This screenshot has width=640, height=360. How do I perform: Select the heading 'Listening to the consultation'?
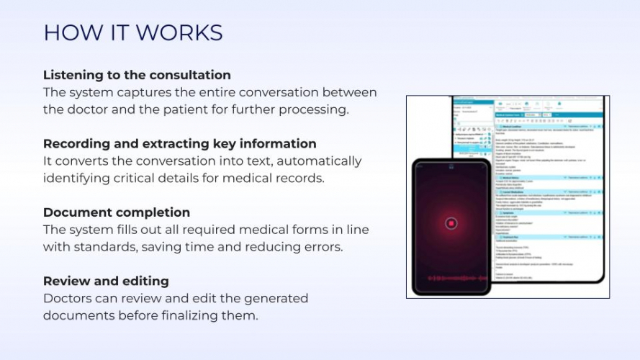[137, 75]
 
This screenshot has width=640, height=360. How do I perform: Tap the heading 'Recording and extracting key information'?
[179, 143]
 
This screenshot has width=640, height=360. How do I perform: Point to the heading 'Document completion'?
[117, 212]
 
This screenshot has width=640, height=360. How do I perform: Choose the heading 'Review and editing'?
[106, 281]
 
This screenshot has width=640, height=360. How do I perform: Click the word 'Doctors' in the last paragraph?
[67, 298]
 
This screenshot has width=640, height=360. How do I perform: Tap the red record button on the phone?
[451, 223]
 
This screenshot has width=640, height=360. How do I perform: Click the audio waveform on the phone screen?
[451, 277]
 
